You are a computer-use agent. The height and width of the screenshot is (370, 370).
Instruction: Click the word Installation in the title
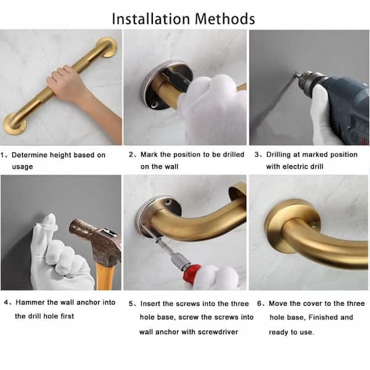(x=150, y=18)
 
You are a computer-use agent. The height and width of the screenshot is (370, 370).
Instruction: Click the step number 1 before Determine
(x=4, y=155)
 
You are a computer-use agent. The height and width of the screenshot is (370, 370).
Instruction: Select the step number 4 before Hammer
(x=6, y=302)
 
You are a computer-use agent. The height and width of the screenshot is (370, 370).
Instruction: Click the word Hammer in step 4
(x=30, y=302)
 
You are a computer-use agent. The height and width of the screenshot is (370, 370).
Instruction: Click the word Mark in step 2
(x=150, y=154)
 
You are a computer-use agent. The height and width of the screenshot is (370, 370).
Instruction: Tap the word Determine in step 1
(x=33, y=155)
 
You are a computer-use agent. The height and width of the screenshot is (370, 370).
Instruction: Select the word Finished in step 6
(x=337, y=317)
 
